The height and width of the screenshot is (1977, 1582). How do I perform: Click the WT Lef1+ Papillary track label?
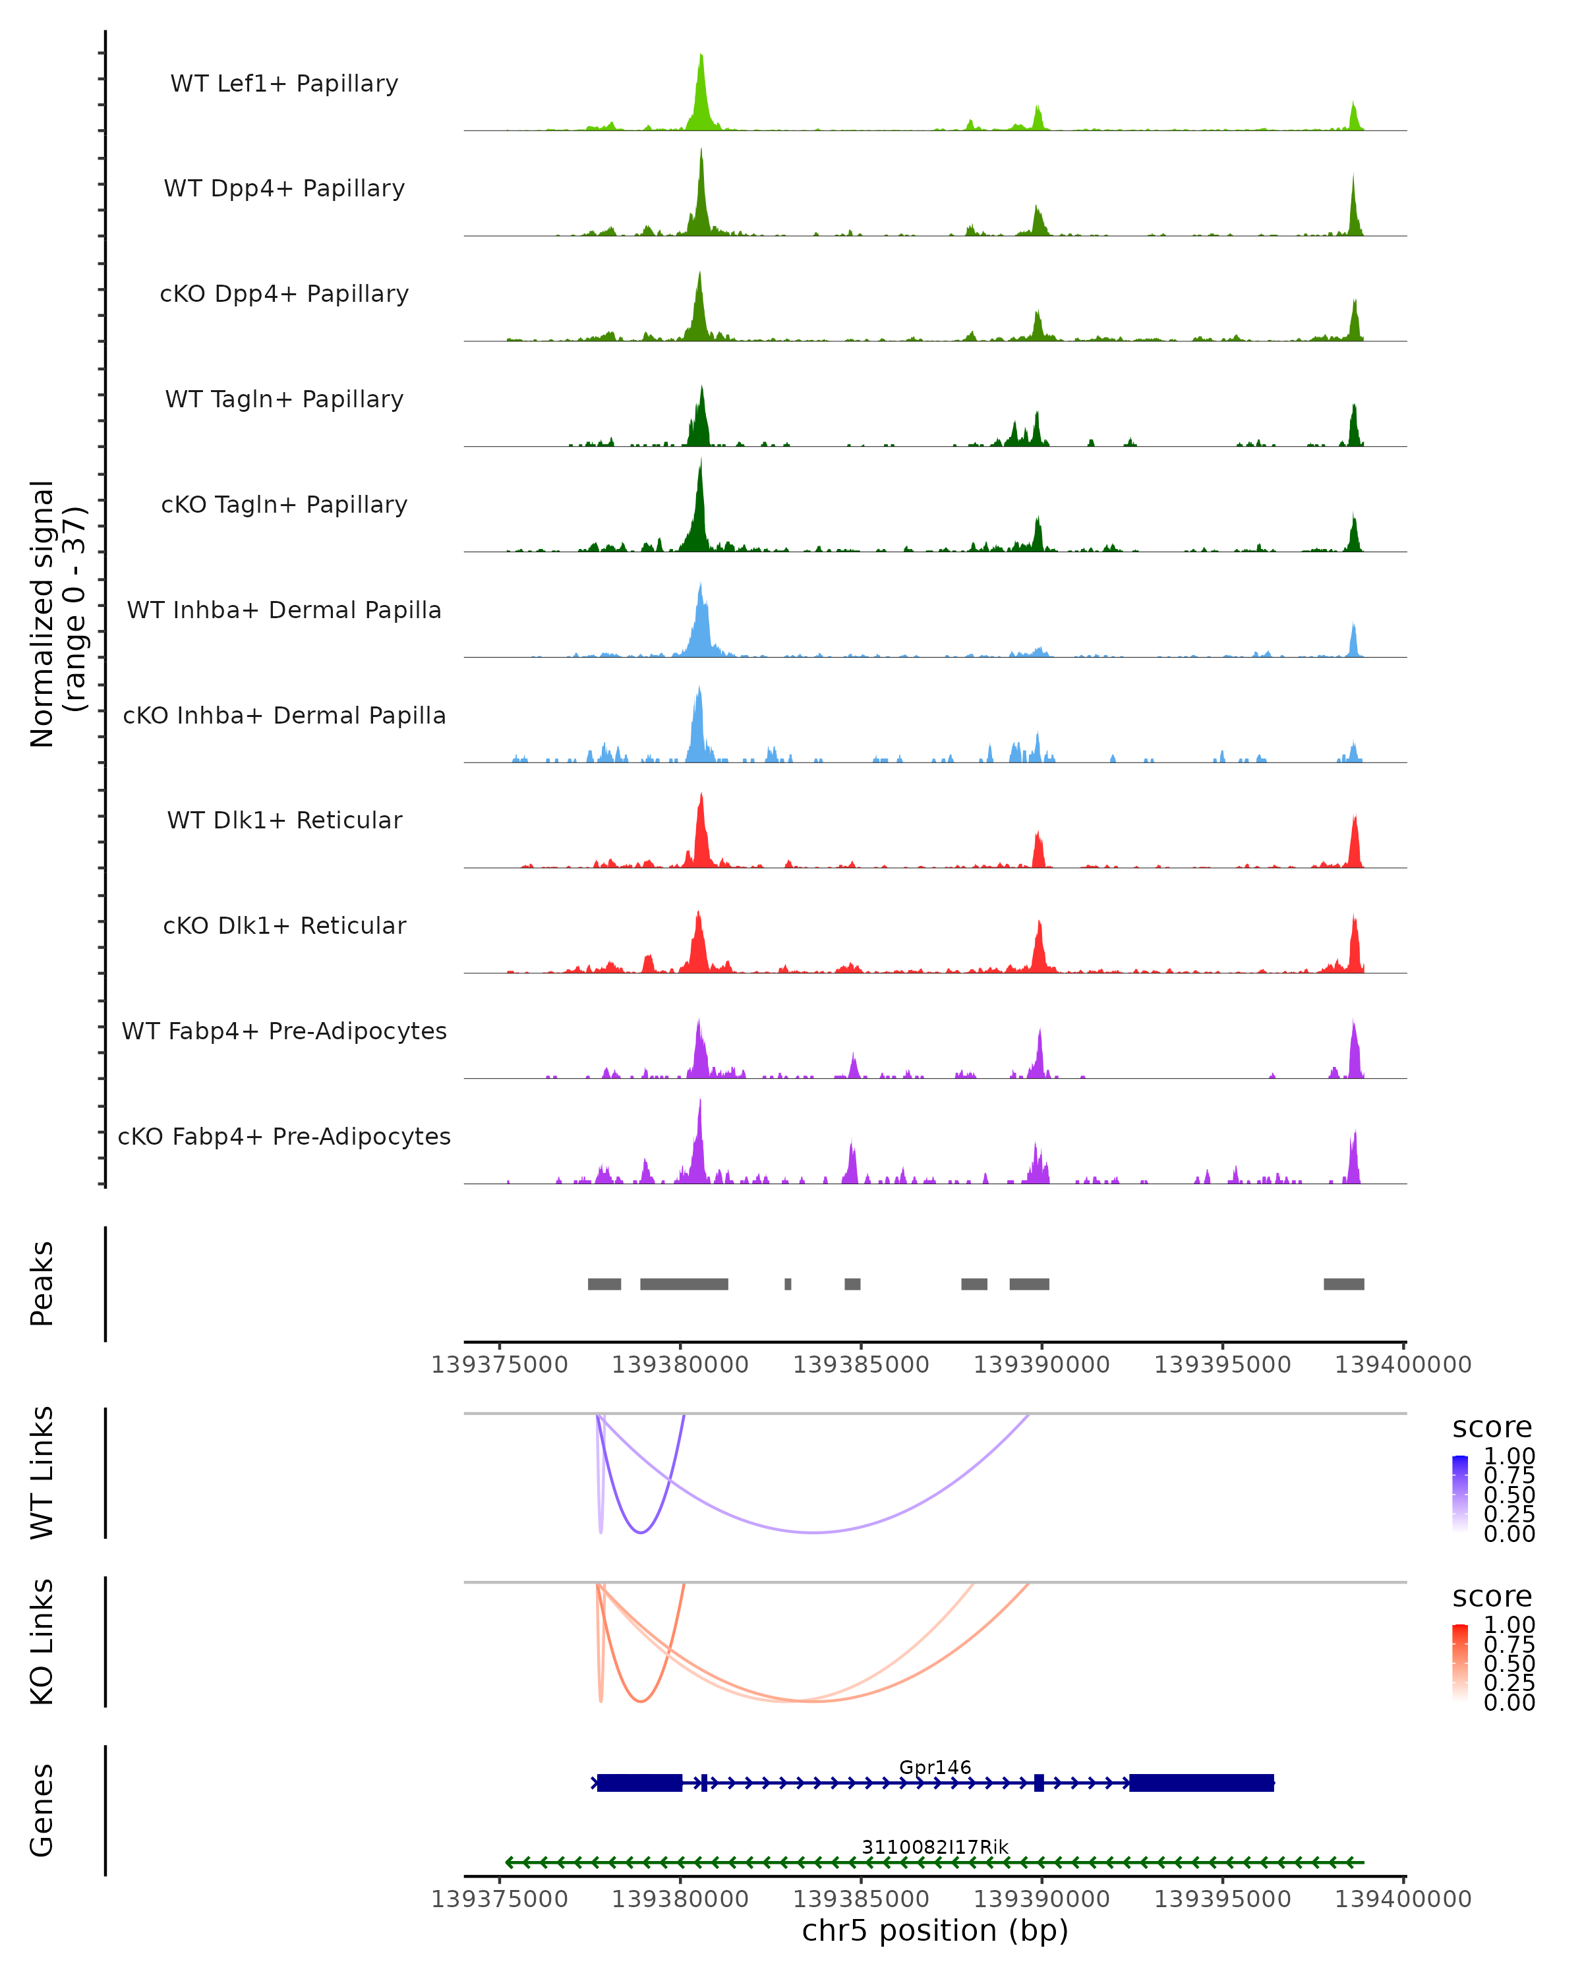284,84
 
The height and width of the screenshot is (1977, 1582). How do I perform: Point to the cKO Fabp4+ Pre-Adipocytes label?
284,1136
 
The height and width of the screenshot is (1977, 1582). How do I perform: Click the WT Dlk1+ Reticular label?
284,820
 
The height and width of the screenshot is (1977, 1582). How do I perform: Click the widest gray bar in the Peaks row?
684,1284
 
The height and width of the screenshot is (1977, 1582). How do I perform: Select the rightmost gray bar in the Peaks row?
1343,1284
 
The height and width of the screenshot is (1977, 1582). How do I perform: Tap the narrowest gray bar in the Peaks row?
788,1284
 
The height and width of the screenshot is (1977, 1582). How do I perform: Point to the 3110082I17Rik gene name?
935,1847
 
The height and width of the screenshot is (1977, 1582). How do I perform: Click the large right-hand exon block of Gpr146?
1202,1783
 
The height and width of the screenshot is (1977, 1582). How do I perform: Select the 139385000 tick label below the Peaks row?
861,1365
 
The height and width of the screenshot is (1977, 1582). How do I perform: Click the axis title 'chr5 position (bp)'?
935,1931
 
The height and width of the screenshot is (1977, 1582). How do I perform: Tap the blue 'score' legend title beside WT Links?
1492,1428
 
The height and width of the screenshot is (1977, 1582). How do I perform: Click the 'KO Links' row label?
42,1642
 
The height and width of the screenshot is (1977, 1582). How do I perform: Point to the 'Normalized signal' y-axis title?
42,614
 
